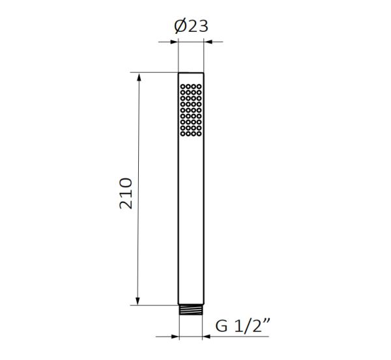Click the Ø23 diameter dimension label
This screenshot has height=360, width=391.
[191, 26]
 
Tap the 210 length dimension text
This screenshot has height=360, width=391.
[126, 193]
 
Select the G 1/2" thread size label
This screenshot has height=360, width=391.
[242, 326]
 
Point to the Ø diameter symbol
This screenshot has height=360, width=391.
[180, 26]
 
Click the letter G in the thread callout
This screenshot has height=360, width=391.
[222, 326]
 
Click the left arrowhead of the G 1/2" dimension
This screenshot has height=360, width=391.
[175, 337]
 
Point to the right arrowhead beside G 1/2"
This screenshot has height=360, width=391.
[207, 337]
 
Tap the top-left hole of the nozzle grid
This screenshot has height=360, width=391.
[183, 86]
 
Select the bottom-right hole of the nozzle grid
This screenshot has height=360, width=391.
[199, 135]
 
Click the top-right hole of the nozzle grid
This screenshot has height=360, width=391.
[199, 86]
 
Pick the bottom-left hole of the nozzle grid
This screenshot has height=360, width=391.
[183, 135]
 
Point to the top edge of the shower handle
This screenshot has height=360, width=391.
[191, 72]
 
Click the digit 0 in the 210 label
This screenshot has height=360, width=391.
[126, 182]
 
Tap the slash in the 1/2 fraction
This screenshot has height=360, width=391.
[248, 326]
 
